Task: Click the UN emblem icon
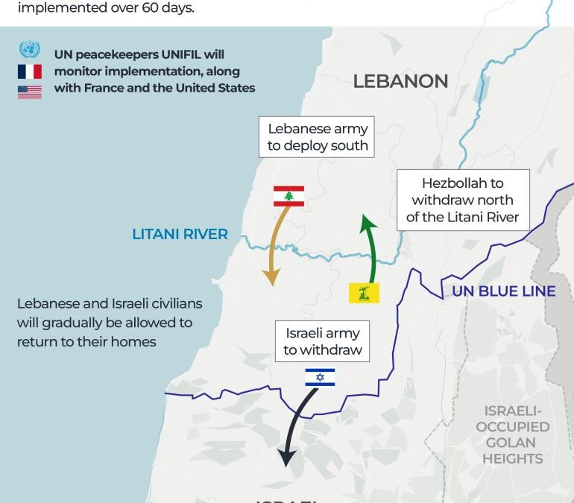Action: (29, 51)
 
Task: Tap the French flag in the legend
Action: (29, 72)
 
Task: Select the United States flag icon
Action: (29, 91)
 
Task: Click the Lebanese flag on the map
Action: (288, 196)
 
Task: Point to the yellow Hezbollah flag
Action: (365, 293)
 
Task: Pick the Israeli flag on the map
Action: (320, 377)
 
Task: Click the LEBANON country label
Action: (400, 81)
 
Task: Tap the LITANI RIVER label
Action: (180, 234)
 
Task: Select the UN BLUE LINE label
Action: (503, 291)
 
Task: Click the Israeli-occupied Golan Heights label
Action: (513, 434)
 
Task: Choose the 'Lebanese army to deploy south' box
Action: (318, 137)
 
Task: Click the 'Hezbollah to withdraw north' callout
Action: (462, 200)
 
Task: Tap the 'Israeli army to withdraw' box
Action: (322, 341)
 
